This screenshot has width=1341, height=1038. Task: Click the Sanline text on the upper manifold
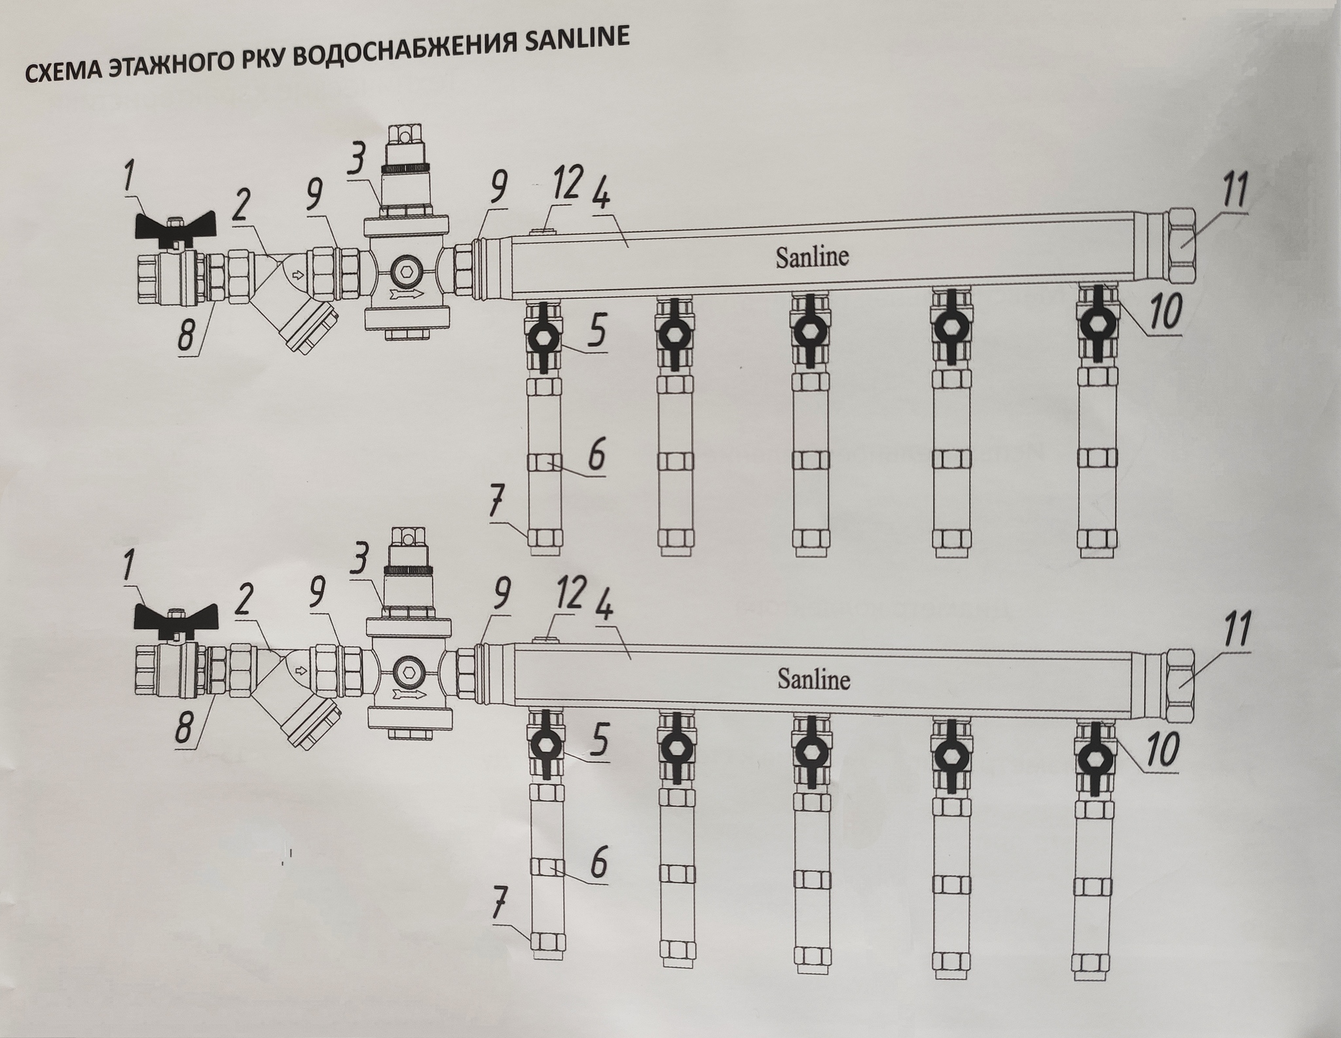(x=812, y=256)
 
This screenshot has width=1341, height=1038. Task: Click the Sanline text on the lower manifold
(x=813, y=678)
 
